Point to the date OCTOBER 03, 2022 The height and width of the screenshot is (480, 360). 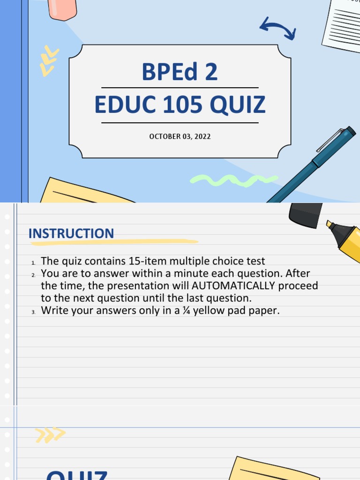pyautogui.click(x=180, y=136)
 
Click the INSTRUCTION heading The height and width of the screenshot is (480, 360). pyautogui.click(x=71, y=233)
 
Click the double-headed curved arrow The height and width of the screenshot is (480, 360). pyautogui.click(x=277, y=28)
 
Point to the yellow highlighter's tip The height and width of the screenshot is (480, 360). pyautogui.click(x=330, y=224)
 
